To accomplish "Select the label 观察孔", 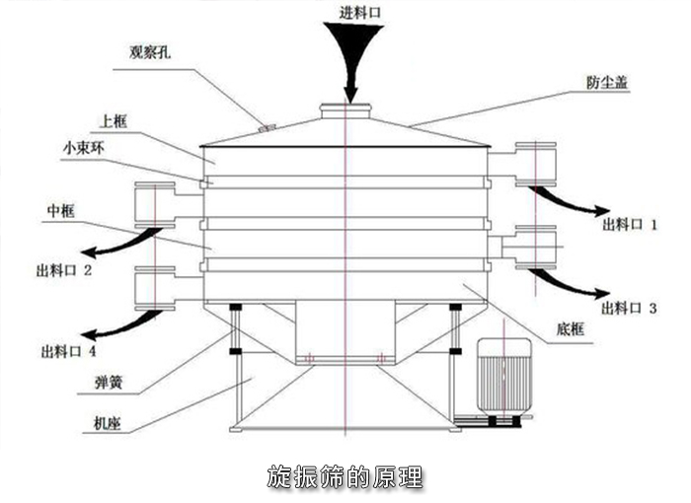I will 151,53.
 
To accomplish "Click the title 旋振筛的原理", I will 345,477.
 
